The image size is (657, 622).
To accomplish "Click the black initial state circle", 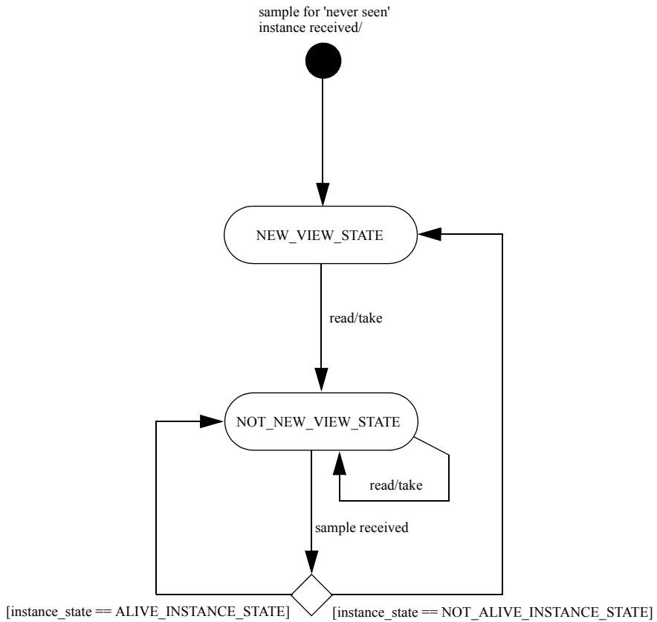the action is click(323, 61).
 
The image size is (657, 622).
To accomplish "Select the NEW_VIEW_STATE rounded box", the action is click(320, 235).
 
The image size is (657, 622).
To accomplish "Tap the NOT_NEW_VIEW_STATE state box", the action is click(321, 421).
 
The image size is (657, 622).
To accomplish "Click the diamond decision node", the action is click(311, 595).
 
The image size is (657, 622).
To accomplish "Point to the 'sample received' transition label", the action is click(362, 528).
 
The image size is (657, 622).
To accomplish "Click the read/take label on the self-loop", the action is click(395, 485).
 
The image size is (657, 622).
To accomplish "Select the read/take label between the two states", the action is click(356, 318).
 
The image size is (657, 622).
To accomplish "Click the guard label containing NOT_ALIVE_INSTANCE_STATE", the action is click(492, 612).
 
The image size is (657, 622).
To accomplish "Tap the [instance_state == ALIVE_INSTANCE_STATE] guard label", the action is click(149, 611).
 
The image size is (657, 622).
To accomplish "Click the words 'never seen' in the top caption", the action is click(357, 12).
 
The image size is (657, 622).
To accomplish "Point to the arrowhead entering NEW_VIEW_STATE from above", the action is click(323, 195).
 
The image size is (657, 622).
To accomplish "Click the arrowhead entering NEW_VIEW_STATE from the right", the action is click(430, 234).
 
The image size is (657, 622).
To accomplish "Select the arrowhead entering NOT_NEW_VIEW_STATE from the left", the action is click(211, 421).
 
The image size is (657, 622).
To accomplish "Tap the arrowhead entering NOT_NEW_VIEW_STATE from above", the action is click(321, 380).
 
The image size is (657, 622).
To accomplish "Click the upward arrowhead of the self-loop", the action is click(340, 463).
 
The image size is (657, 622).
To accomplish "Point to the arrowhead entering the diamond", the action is click(311, 562).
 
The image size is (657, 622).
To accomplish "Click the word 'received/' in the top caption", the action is click(336, 27).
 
